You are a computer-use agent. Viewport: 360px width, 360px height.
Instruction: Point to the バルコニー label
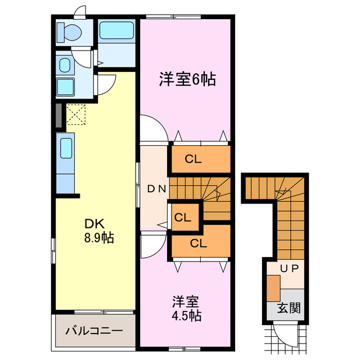click(x=93, y=330)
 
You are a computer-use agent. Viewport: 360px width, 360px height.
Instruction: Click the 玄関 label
click(x=288, y=308)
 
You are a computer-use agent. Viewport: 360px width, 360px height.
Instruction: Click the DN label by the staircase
click(x=156, y=189)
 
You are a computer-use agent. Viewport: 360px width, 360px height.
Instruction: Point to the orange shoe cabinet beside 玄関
click(x=273, y=288)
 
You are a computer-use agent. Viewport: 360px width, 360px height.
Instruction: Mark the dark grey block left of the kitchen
click(x=58, y=114)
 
